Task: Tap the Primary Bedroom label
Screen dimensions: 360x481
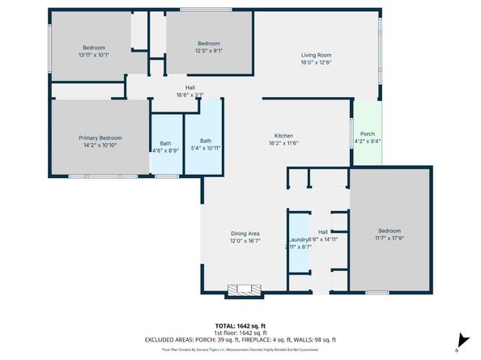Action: tap(99, 138)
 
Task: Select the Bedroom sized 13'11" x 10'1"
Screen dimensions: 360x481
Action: tap(93, 51)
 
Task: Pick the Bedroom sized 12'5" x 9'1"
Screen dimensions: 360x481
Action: tap(209, 48)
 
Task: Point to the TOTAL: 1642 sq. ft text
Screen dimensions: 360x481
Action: tap(240, 325)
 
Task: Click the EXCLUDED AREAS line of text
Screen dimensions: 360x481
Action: tap(240, 340)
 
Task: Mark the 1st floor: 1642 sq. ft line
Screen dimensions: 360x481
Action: tap(240, 332)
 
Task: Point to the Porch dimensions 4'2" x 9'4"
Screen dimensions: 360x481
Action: tap(367, 142)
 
